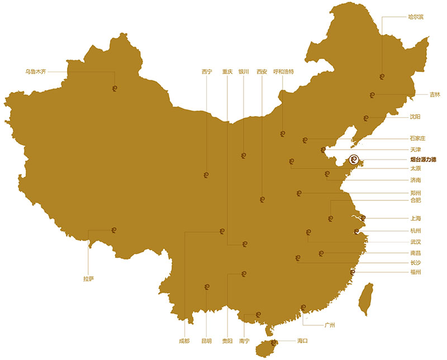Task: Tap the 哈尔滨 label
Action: pyautogui.click(x=416, y=17)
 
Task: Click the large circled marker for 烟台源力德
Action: pyautogui.click(x=353, y=160)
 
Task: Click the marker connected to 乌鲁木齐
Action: pyautogui.click(x=115, y=87)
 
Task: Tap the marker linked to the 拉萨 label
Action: pyautogui.click(x=114, y=229)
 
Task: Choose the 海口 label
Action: pyautogui.click(x=303, y=340)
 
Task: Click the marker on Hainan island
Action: pyautogui.click(x=273, y=343)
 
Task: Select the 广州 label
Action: pyautogui.click(x=330, y=324)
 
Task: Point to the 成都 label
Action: pyautogui.click(x=184, y=340)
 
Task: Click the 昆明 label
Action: pyautogui.click(x=206, y=340)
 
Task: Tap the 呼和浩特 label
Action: pyautogui.click(x=283, y=71)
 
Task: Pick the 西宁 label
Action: pyautogui.click(x=207, y=71)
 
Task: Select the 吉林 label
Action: pyautogui.click(x=435, y=95)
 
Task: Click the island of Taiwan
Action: pyautogui.click(x=367, y=298)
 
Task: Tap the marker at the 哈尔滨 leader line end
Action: pyautogui.click(x=382, y=76)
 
